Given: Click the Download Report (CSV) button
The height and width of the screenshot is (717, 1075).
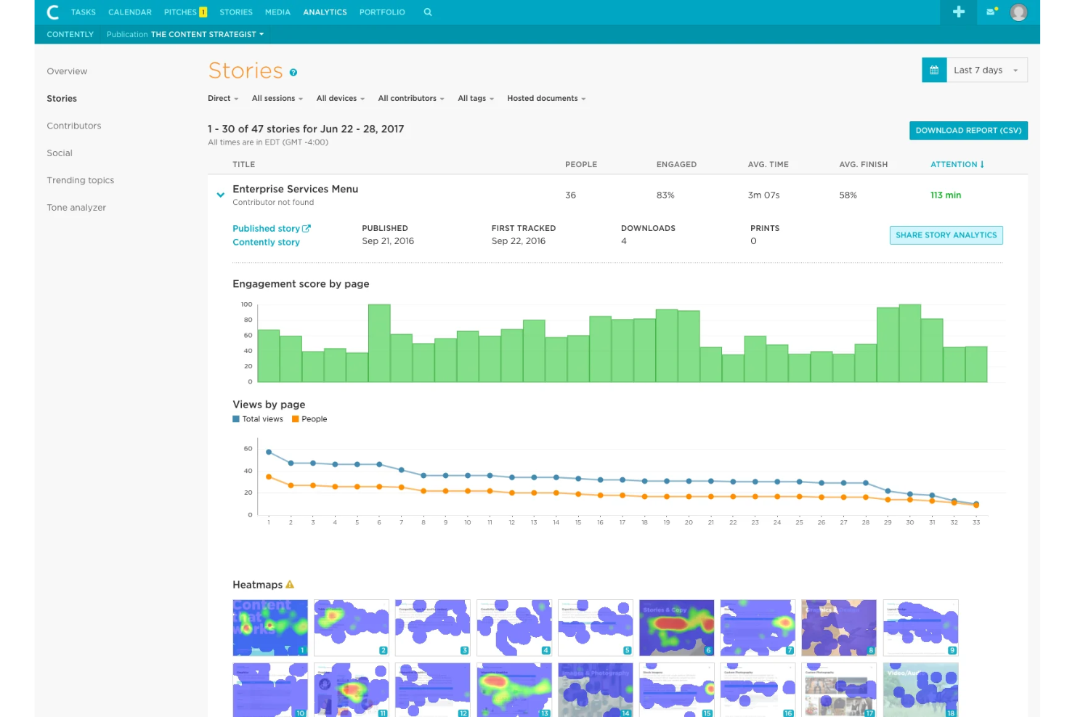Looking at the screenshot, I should pos(967,131).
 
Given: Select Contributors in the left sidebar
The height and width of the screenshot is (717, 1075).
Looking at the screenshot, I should pos(74,126).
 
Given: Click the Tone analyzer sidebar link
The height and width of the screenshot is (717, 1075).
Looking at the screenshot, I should pos(76,208).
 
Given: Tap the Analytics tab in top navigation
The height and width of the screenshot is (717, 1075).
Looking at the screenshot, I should pos(325,12).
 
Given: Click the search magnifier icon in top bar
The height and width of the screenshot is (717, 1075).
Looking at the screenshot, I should pos(428,12).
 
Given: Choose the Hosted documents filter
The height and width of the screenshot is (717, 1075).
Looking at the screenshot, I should pos(545,99).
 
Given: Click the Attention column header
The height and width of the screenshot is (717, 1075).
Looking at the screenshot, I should pos(957,165).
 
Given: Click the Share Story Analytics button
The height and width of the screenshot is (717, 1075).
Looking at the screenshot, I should pos(946,235).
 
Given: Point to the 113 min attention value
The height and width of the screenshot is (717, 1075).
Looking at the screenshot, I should pos(945,195).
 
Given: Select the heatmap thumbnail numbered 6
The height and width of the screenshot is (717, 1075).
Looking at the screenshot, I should pos(676,628).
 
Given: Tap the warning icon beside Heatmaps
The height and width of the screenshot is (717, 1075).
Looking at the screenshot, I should pos(290,585).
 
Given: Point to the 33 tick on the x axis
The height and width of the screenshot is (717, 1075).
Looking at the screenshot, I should pos(975,522).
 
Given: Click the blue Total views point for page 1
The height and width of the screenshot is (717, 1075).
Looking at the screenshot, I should pos(269,453).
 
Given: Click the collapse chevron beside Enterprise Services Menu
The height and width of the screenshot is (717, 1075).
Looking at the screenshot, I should pos(220,195).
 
